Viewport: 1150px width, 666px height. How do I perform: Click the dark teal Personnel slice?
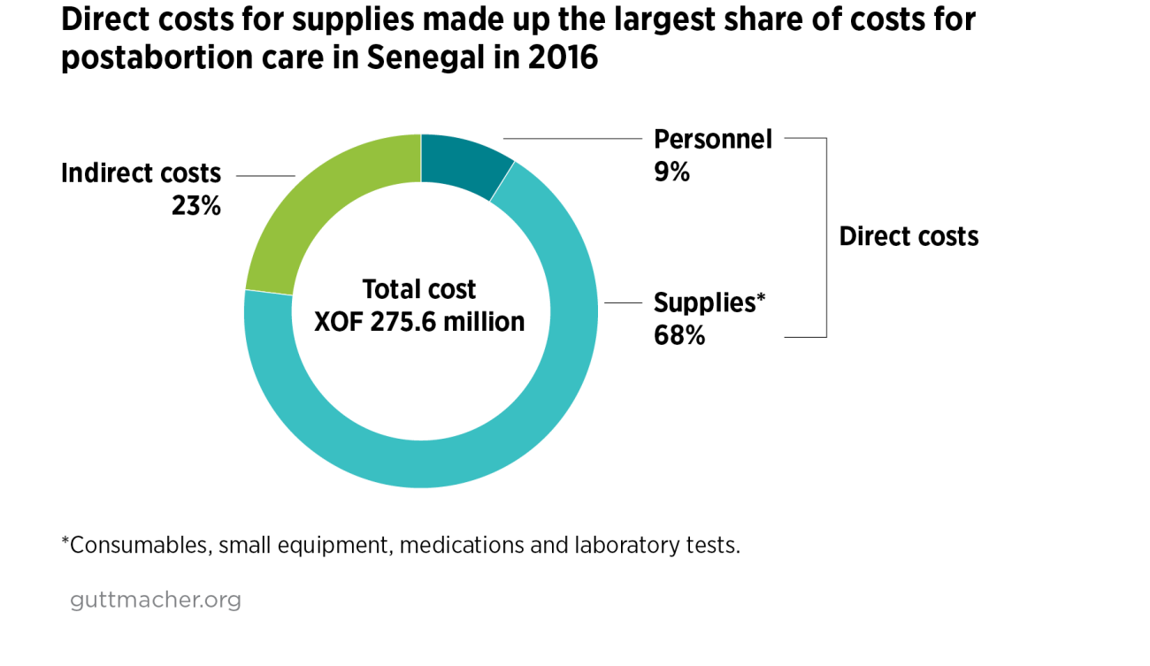click(463, 164)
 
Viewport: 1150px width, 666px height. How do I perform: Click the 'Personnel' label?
click(712, 139)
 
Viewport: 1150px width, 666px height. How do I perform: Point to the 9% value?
click(671, 172)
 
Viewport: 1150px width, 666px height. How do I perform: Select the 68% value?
click(678, 336)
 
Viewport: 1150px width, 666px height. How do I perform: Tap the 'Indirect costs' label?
click(141, 172)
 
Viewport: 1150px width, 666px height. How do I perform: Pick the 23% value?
click(195, 206)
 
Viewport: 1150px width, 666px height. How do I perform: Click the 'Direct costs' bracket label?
click(908, 237)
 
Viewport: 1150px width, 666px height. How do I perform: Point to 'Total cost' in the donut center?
click(419, 289)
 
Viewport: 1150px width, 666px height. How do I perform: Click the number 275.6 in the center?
click(406, 322)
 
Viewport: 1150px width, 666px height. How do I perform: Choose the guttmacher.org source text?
click(156, 600)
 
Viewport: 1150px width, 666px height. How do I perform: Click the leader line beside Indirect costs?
click(265, 175)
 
